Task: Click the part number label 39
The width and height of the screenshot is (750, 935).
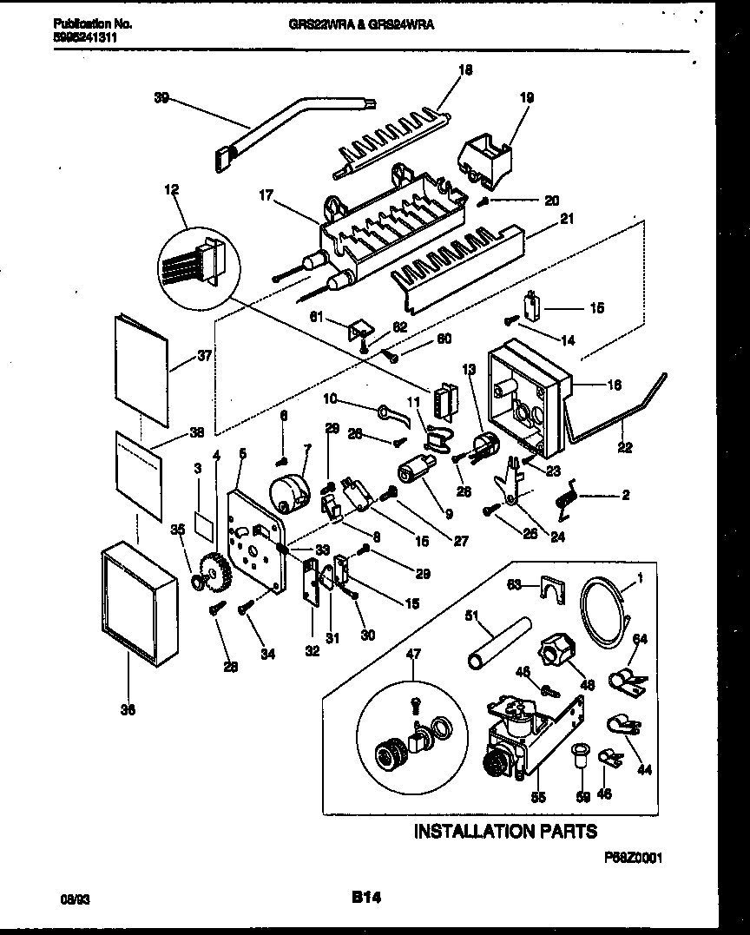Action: [x=161, y=98]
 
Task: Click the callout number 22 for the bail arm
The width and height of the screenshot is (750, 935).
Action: [x=624, y=448]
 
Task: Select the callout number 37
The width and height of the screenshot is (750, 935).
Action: [x=205, y=354]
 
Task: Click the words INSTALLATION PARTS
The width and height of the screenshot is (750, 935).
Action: [x=505, y=831]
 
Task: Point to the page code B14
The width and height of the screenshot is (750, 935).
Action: [x=366, y=897]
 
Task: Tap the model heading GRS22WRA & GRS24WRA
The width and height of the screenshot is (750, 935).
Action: [x=361, y=25]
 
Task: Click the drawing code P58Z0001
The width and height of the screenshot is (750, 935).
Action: [x=634, y=856]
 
